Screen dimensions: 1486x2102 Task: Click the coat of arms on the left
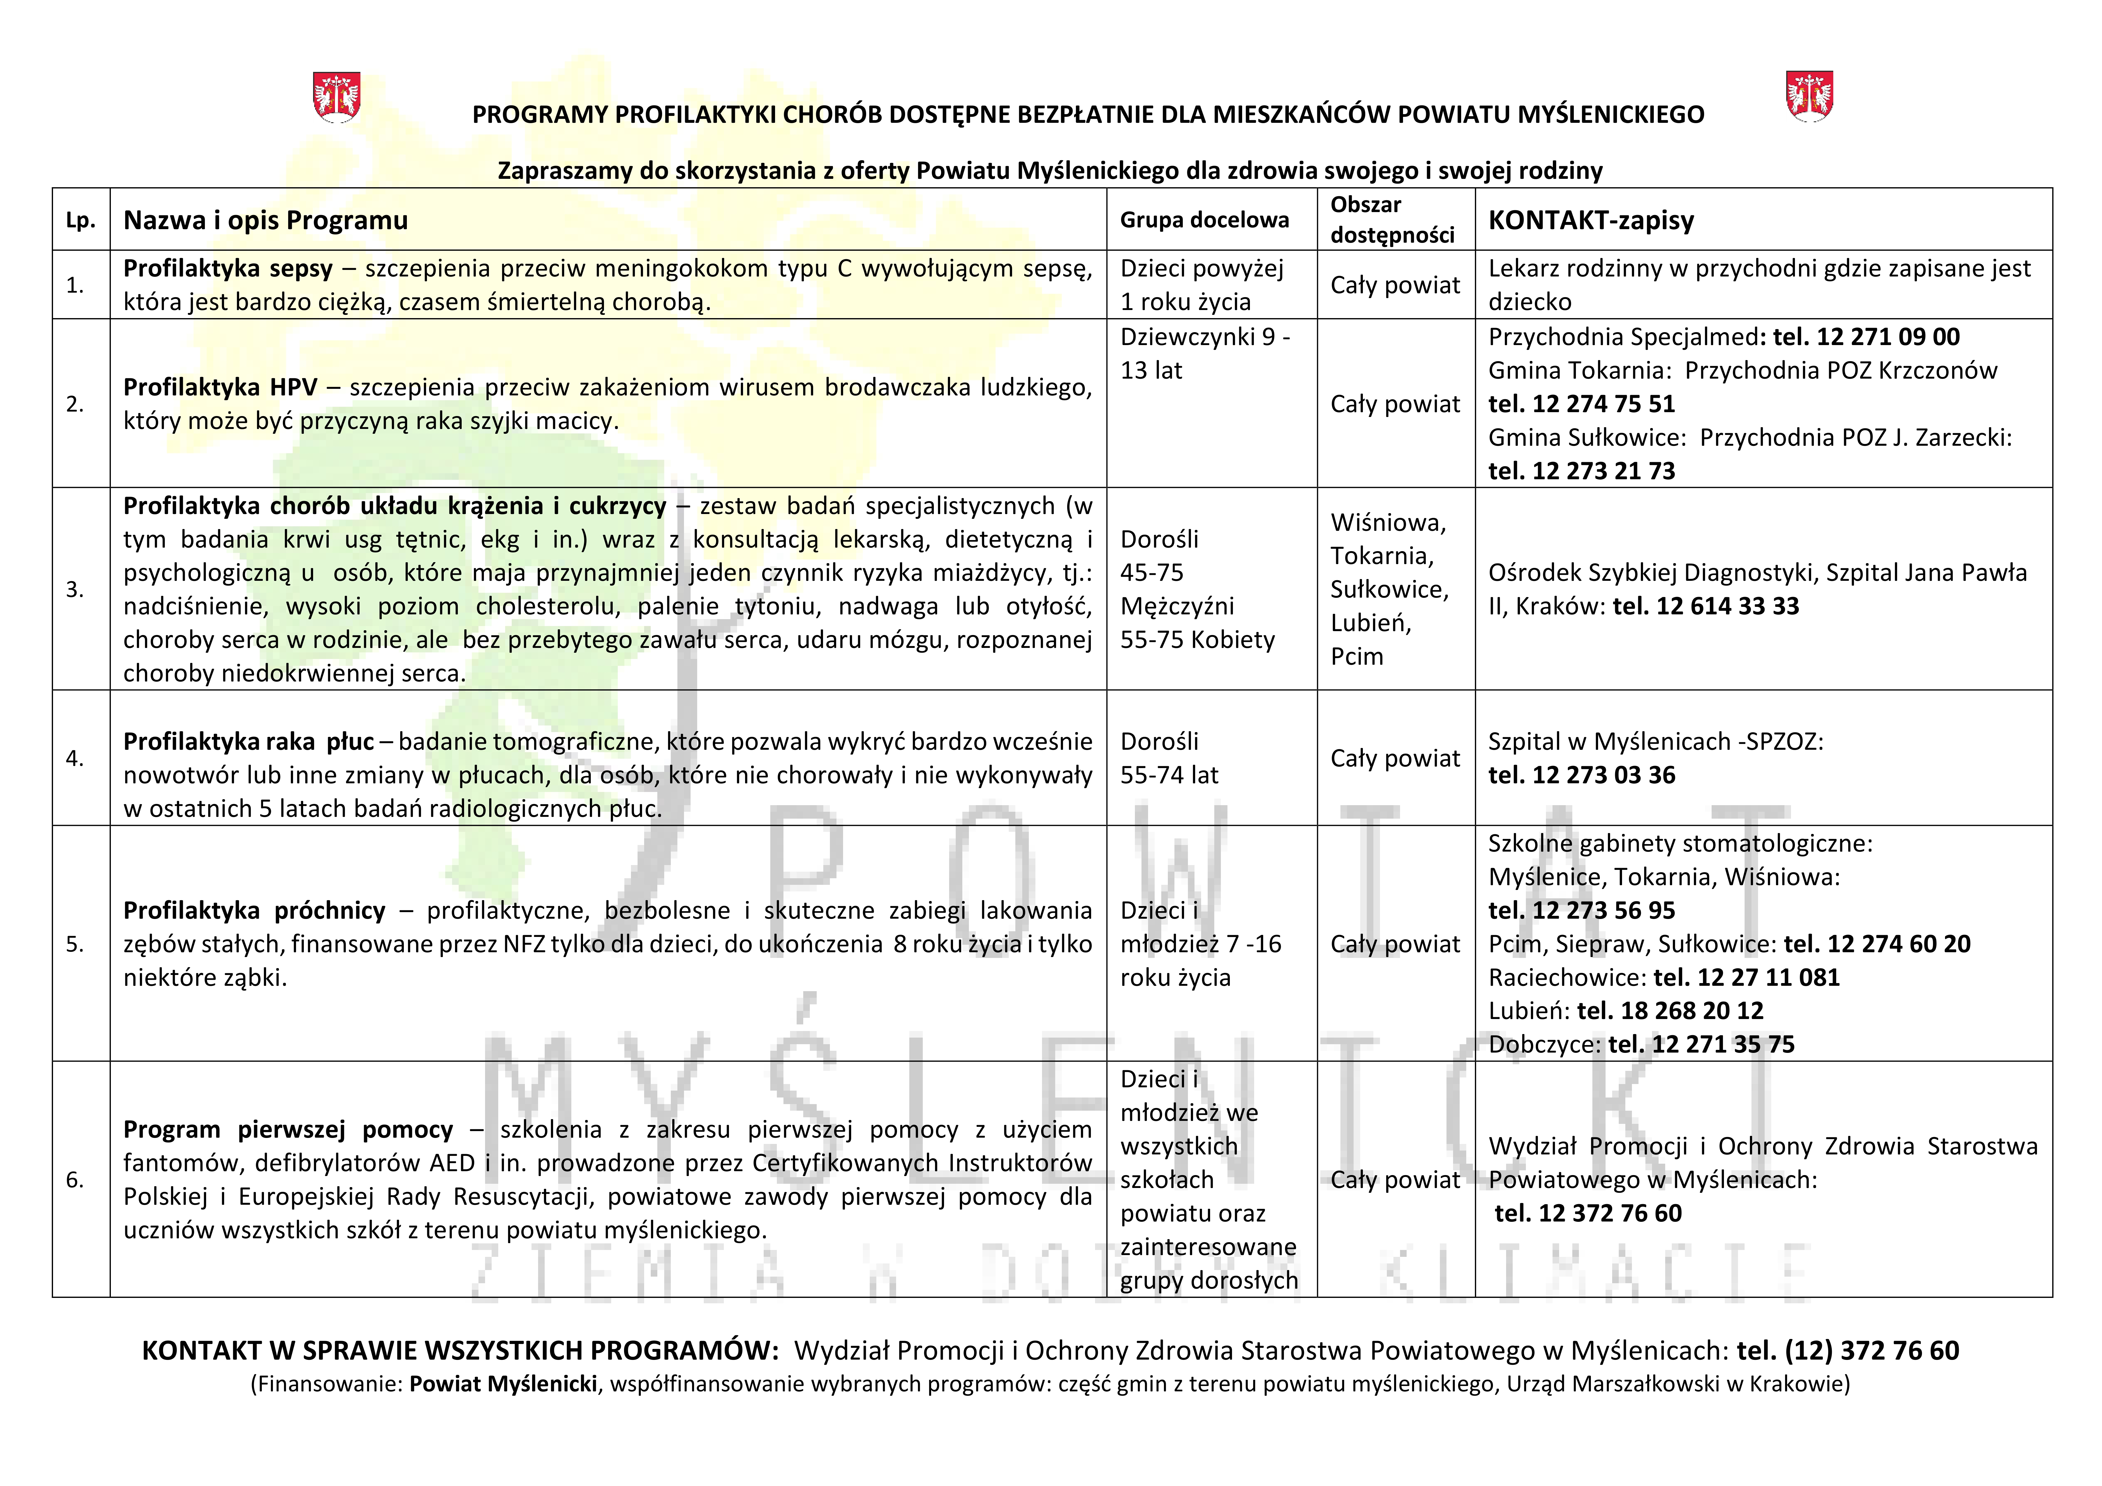tap(337, 97)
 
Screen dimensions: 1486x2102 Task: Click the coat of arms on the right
tap(1809, 95)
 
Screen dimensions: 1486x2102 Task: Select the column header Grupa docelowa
tap(1204, 220)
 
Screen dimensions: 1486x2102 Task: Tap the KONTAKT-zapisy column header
tap(1591, 220)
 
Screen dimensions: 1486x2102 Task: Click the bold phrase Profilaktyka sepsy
tap(228, 268)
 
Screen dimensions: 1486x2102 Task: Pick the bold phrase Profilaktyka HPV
tap(220, 387)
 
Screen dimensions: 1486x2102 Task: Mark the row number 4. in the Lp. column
tap(75, 758)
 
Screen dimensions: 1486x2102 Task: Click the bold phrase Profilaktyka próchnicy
tap(254, 910)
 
